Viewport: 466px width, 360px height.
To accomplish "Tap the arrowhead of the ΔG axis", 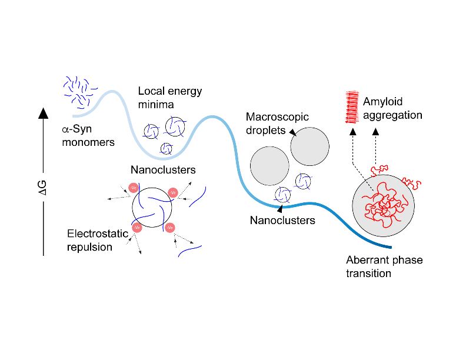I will pyautogui.click(x=43, y=114).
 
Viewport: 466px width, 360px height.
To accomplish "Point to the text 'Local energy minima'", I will pyautogui.click(x=170, y=98).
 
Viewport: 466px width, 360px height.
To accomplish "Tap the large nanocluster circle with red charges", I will pyautogui.click(x=152, y=206).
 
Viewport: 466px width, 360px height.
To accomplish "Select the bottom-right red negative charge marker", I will pyautogui.click(x=169, y=227).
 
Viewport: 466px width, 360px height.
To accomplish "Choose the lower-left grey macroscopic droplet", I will pyautogui.click(x=269, y=166).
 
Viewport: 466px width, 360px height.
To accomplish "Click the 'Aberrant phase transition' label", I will pyautogui.click(x=384, y=266).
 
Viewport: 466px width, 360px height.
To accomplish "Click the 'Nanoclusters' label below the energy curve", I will pyautogui.click(x=282, y=221).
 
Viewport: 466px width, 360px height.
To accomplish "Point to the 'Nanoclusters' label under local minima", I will pyautogui.click(x=163, y=171).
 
